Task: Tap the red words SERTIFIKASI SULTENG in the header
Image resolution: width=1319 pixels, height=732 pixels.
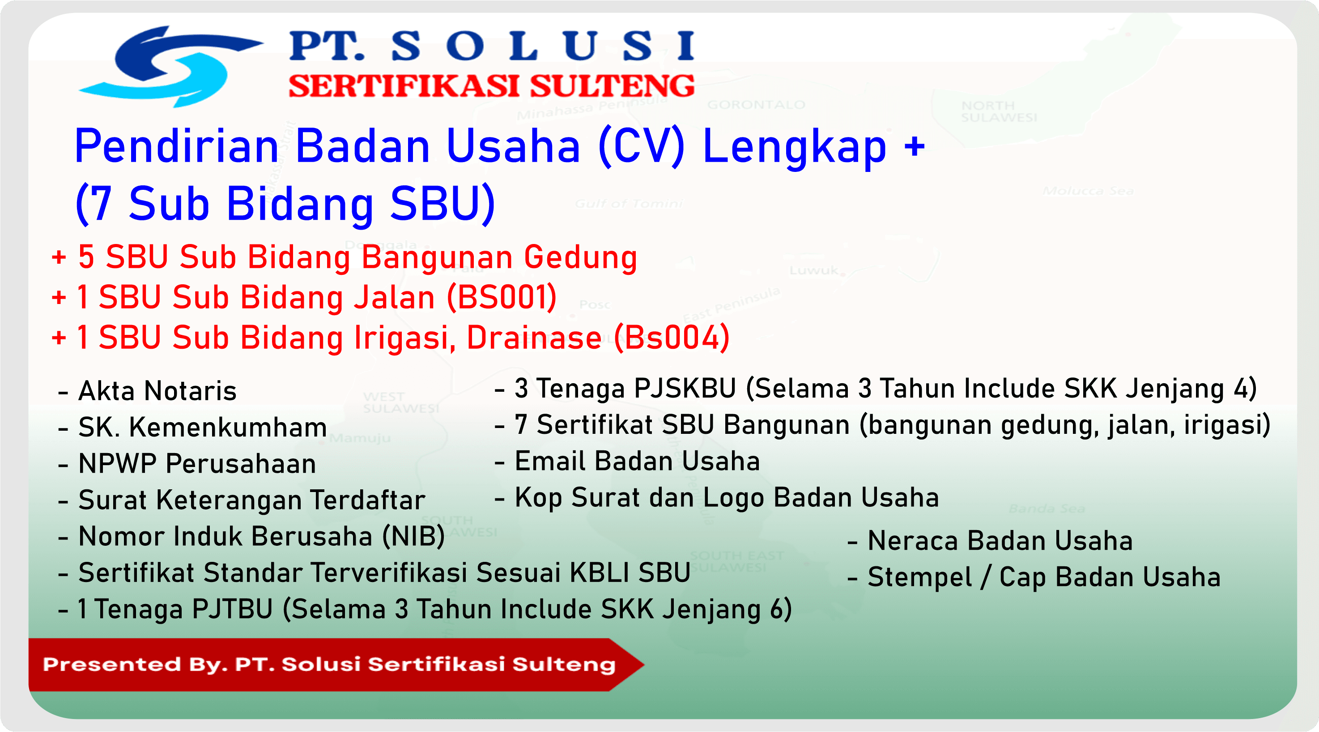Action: [492, 86]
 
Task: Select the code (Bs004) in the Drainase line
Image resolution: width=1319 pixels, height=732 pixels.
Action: [672, 338]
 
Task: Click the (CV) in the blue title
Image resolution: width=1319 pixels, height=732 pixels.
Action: [641, 146]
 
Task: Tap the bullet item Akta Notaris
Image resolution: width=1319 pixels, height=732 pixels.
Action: [157, 391]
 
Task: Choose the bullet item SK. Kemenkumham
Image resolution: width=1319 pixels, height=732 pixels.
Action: [202, 427]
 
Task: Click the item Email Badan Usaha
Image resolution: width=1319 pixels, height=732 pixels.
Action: [637, 461]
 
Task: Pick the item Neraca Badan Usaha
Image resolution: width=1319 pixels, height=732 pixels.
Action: [1000, 540]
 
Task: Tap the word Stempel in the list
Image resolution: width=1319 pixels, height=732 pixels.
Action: [919, 577]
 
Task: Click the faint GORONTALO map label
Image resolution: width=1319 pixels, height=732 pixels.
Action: [756, 105]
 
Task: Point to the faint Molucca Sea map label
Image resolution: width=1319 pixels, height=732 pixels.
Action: [1088, 191]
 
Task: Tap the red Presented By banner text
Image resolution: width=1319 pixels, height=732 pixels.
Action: [329, 664]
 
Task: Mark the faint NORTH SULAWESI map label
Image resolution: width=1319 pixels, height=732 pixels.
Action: [999, 111]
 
